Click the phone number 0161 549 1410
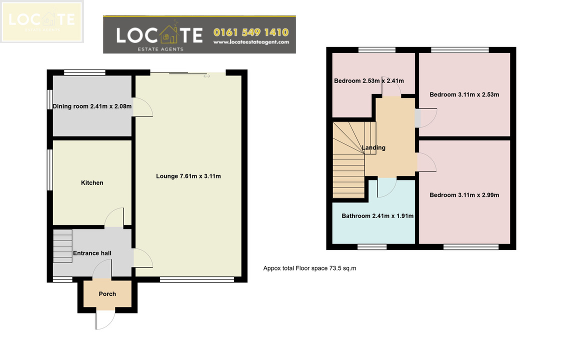click(251, 32)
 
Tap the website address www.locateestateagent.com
click(251, 42)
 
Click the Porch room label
click(107, 294)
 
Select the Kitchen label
click(92, 182)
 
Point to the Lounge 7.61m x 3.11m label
click(188, 176)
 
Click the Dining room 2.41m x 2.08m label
click(92, 106)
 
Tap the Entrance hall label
click(92, 253)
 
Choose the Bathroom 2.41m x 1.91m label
click(377, 216)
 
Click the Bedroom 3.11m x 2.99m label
click(464, 195)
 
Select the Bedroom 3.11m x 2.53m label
click(464, 95)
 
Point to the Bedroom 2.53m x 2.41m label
click(369, 81)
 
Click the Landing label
click(373, 147)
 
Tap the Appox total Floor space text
click(309, 268)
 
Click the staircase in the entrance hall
click(62, 246)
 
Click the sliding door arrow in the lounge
click(207, 76)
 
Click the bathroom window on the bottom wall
click(372, 246)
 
